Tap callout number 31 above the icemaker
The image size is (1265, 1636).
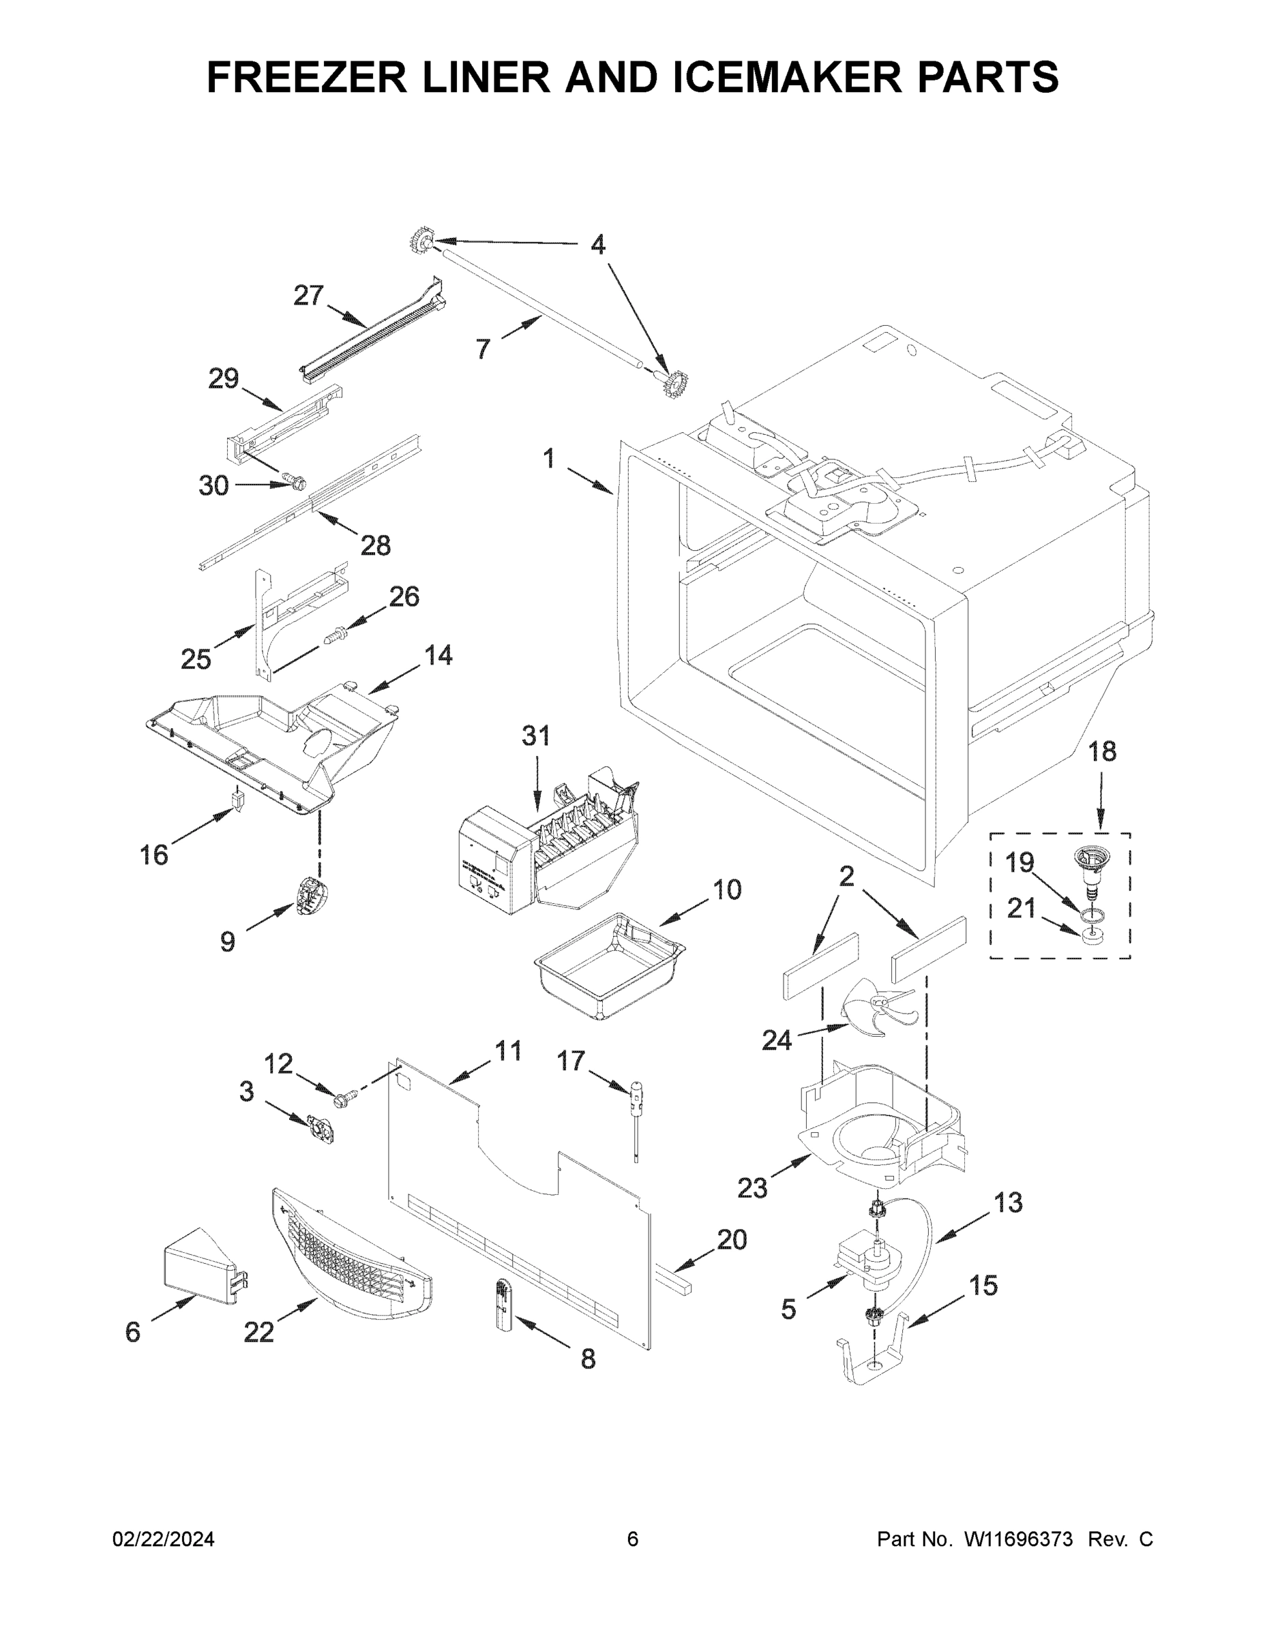(536, 736)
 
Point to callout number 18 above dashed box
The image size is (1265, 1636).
(1101, 751)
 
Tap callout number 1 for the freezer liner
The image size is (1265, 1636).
(550, 459)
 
